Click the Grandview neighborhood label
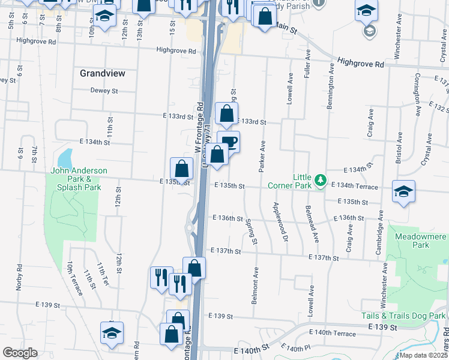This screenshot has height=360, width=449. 103,73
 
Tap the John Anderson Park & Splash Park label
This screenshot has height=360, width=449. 79,179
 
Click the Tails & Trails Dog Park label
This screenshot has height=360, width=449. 403,316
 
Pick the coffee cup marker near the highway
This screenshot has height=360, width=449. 229,142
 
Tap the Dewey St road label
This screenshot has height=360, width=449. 104,91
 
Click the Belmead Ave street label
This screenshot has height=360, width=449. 312,223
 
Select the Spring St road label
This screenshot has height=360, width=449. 252,231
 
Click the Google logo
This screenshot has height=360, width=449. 20,353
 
